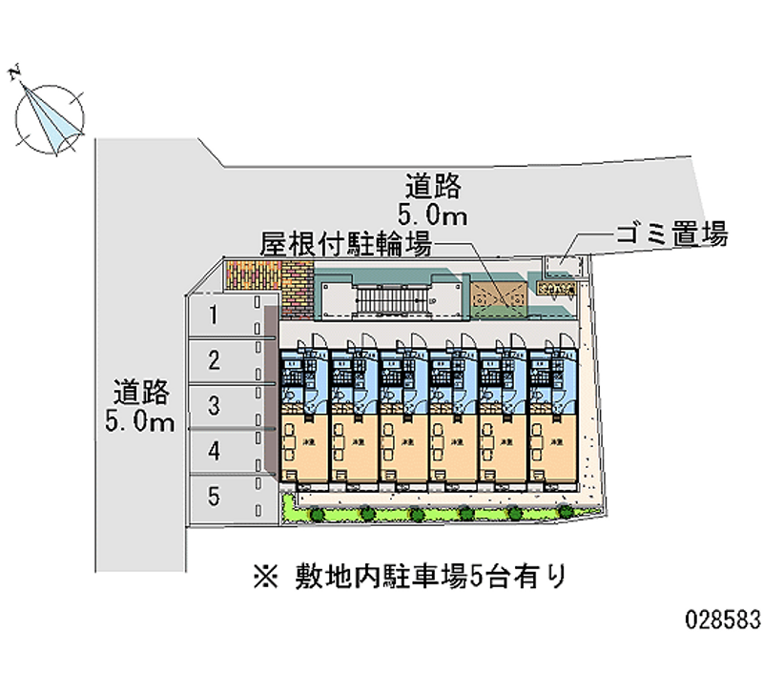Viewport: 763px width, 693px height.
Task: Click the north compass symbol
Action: pyautogui.click(x=49, y=115)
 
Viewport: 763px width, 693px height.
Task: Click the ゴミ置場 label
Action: pyautogui.click(x=672, y=234)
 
